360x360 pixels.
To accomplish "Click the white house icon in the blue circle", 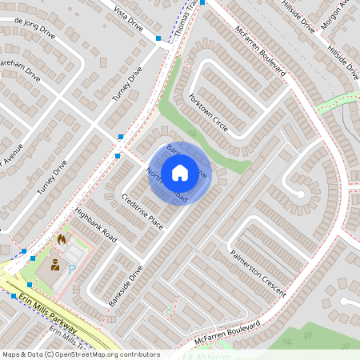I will tap(180, 172).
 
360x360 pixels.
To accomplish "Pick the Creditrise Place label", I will tap(142, 211).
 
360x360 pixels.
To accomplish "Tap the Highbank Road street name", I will tap(95, 226).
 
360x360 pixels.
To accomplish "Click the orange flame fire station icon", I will tap(62, 238).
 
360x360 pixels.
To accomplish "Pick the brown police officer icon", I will tap(54, 265).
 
